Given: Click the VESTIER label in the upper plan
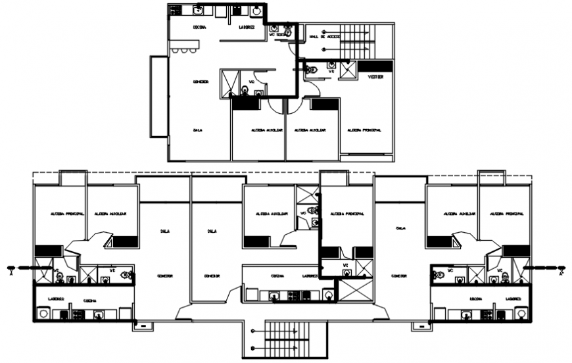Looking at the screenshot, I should point(375,77).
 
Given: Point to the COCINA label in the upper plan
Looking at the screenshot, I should point(200,27).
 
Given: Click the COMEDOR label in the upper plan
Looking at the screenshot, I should point(201,82).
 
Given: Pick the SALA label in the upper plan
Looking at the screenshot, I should point(197,130).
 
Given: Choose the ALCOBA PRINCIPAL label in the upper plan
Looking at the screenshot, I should point(364,130).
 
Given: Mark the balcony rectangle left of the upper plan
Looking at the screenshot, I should point(158,96).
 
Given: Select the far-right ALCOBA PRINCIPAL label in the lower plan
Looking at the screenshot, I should point(506,214).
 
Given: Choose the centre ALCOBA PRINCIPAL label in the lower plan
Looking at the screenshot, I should point(346,214).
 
